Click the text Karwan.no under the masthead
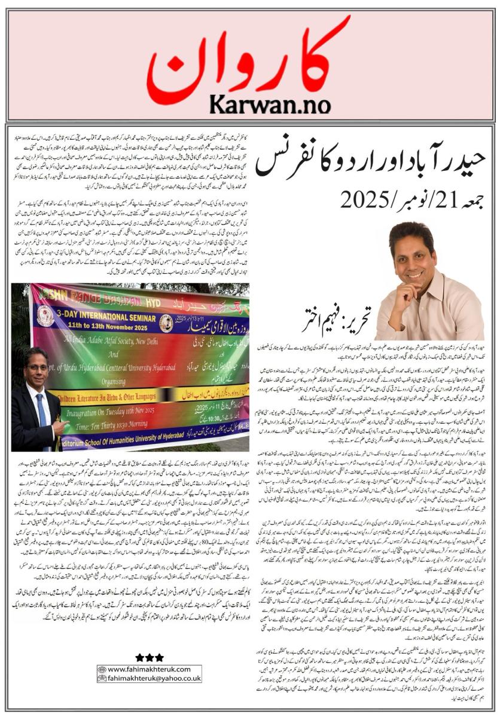tap(270, 104)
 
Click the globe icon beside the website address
tap(102, 669)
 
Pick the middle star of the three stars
tap(149, 657)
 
